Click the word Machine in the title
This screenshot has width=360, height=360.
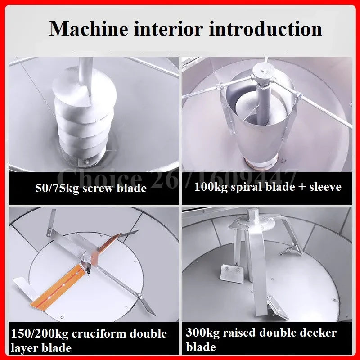click(x=89, y=29)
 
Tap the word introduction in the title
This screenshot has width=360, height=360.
click(x=265, y=29)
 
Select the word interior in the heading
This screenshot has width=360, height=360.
click(x=168, y=29)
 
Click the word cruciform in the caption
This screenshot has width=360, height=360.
click(x=99, y=333)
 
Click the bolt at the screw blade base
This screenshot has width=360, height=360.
click(x=87, y=162)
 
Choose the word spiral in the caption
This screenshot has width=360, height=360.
click(x=247, y=187)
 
